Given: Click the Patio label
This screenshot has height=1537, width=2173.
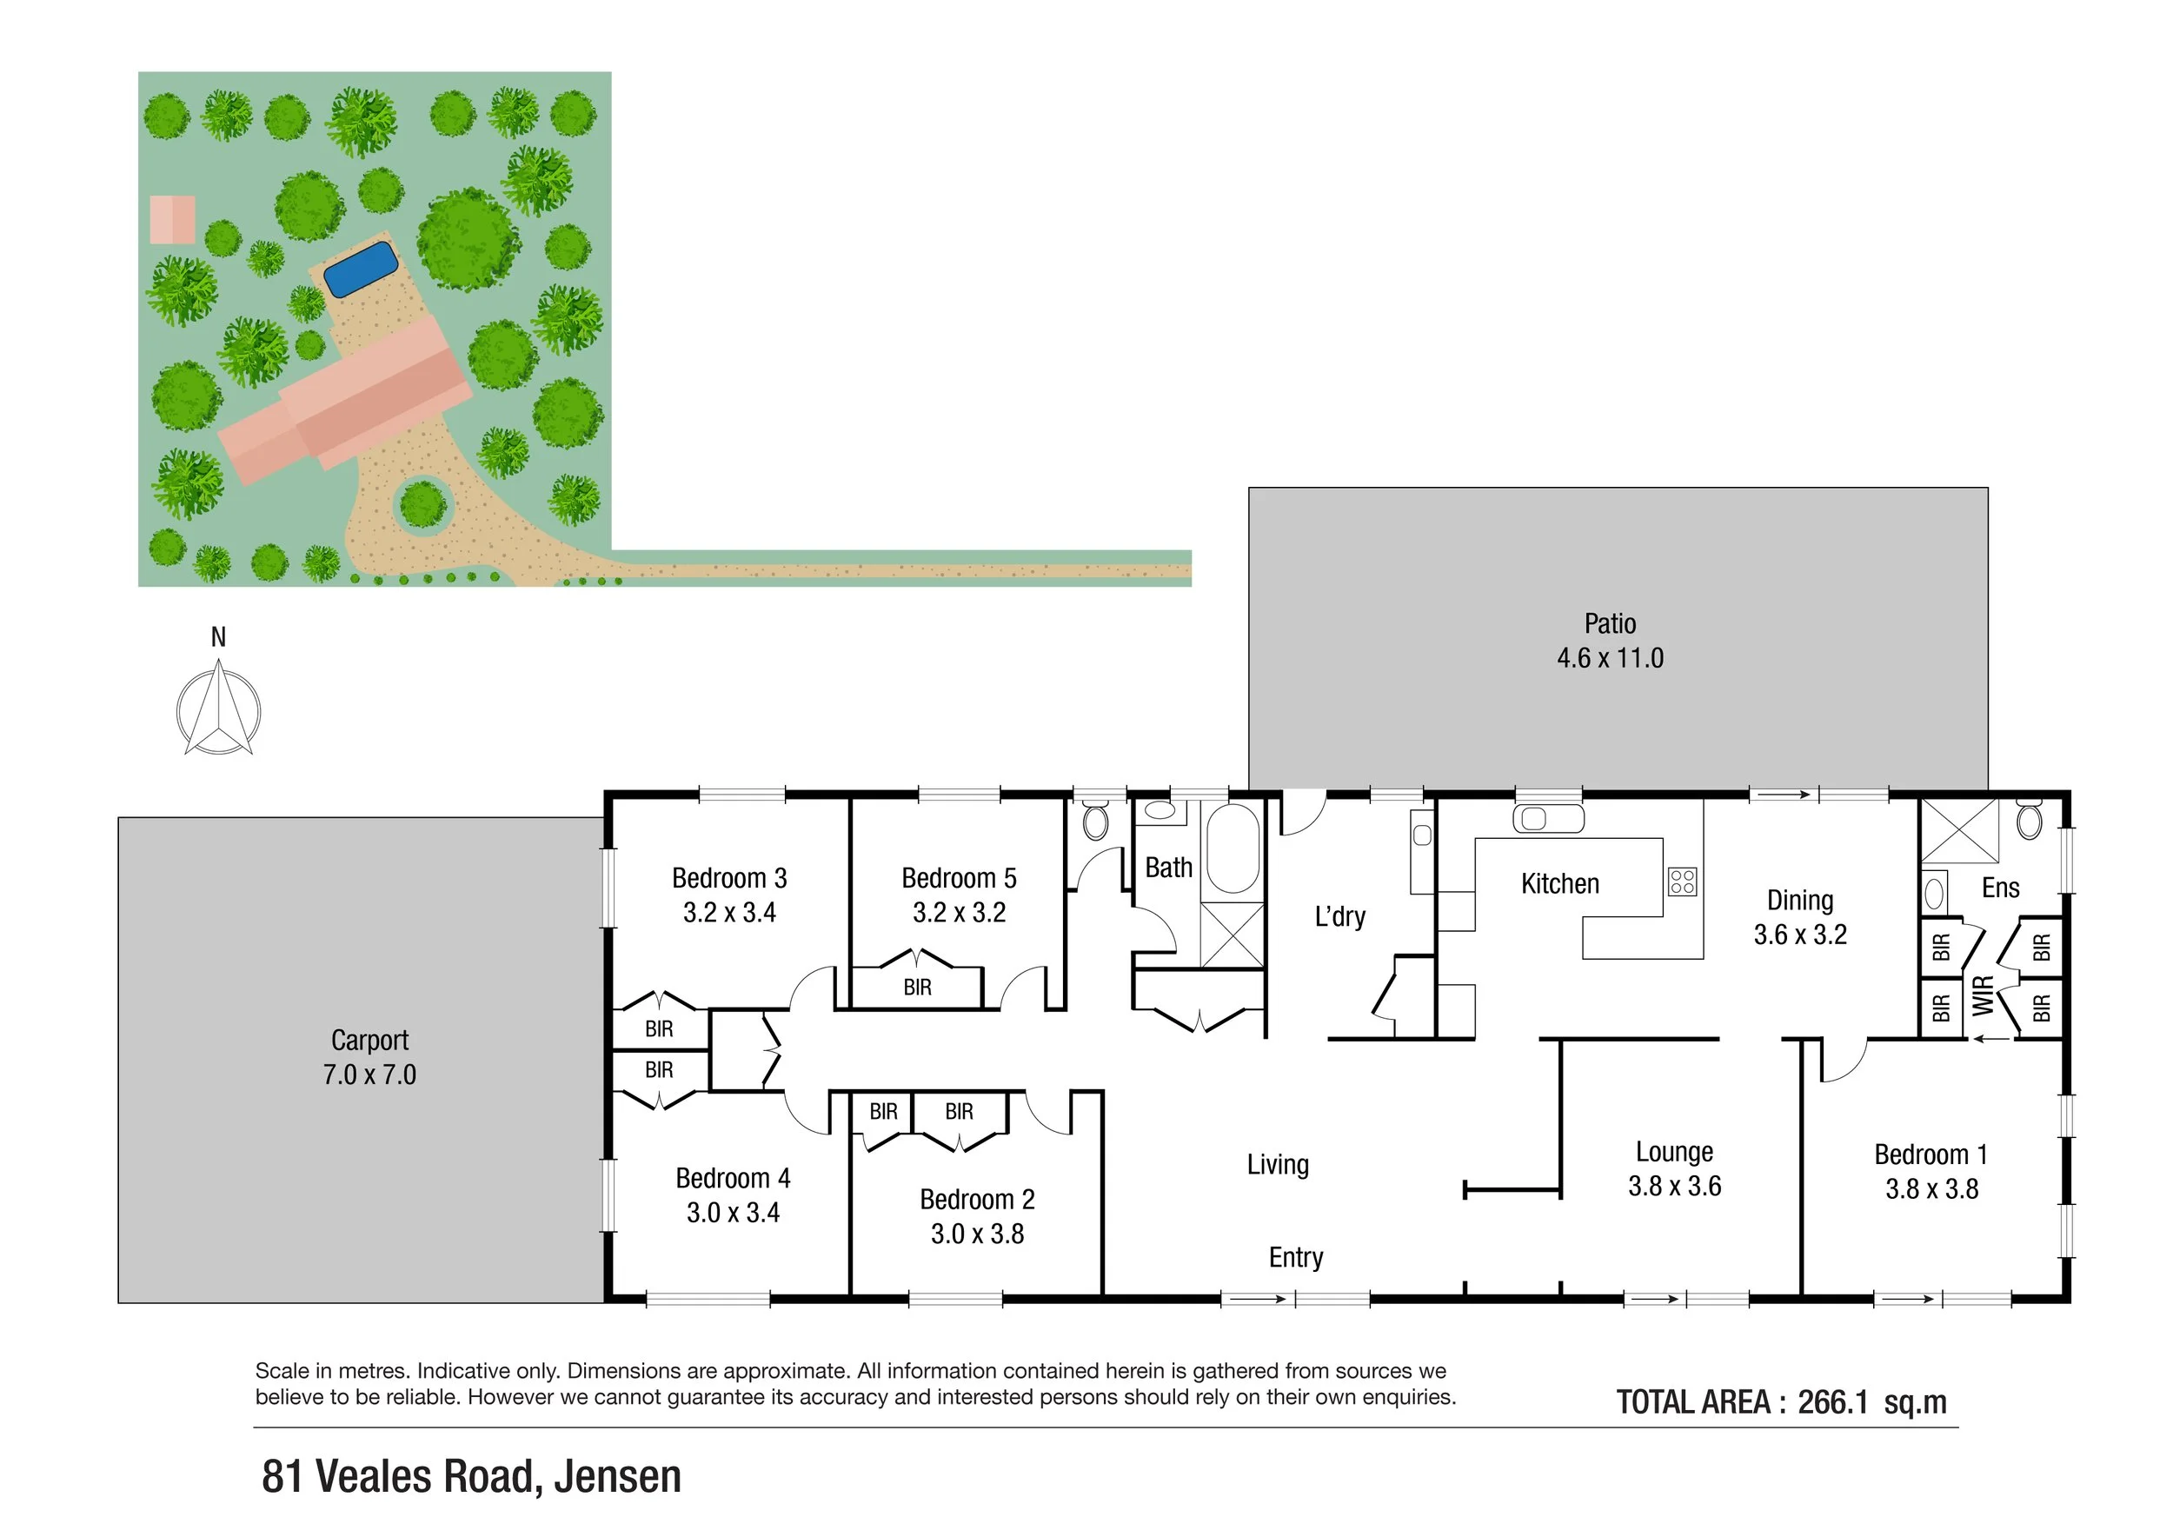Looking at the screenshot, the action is tap(1610, 623).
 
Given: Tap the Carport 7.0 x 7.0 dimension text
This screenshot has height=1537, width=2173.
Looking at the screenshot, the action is tap(369, 1075).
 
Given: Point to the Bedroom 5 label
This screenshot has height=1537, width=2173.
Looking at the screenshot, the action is tap(959, 878).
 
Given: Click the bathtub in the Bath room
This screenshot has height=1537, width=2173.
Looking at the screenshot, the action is tap(1233, 849).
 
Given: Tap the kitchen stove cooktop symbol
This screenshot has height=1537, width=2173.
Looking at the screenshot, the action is tap(1682, 882).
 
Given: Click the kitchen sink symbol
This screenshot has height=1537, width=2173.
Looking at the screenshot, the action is tap(1547, 819).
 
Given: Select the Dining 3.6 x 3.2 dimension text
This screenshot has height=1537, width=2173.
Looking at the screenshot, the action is tap(1800, 935).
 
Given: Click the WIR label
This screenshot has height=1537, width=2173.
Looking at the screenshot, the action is tap(1984, 995).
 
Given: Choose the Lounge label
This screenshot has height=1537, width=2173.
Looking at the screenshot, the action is tap(1674, 1152).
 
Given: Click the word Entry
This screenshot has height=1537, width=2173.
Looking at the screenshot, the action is tap(1296, 1258).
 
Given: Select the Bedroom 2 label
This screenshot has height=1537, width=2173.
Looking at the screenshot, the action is tap(977, 1200).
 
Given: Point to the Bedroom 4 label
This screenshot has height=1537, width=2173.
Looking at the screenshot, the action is tap(733, 1178).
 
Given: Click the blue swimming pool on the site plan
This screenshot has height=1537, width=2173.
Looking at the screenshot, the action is tap(360, 268).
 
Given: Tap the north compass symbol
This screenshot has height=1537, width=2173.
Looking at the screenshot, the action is tap(219, 710).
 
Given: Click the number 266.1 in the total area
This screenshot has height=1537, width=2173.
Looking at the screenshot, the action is tap(1832, 1401).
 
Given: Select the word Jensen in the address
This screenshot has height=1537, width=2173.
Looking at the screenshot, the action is tap(617, 1476).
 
